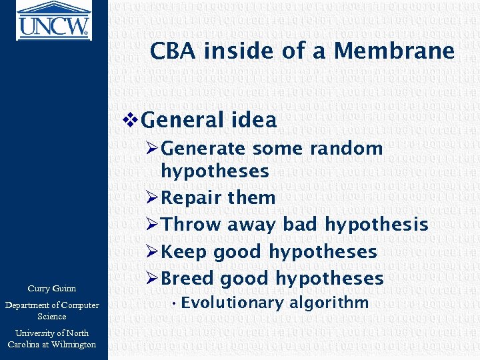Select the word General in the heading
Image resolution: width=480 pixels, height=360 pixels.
click(183, 121)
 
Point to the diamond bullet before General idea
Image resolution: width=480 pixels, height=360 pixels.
click(131, 121)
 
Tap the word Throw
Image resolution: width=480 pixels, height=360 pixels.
click(191, 225)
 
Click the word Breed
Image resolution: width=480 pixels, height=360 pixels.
click(188, 279)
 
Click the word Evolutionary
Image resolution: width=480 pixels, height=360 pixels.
click(224, 303)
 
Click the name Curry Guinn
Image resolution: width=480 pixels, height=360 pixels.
click(52, 289)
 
